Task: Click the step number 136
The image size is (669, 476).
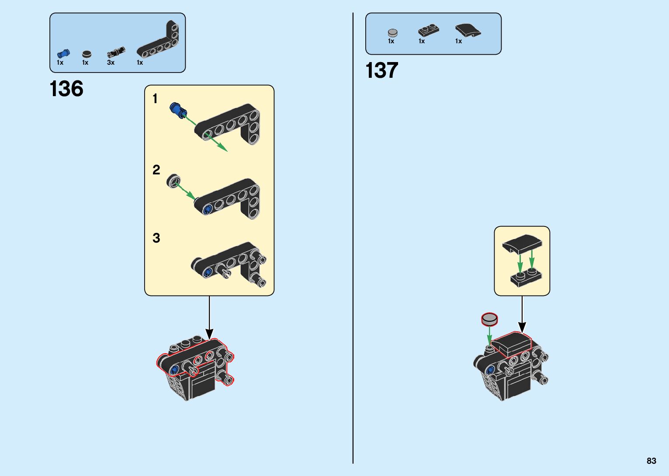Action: pos(66,89)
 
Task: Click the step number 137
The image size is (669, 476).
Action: pos(382,70)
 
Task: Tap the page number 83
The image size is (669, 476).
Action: pos(652,461)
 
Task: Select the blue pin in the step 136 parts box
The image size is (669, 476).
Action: pos(63,54)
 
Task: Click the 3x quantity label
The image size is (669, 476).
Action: pos(111,63)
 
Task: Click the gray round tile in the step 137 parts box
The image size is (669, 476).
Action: pos(392,32)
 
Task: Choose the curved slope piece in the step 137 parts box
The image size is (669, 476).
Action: pos(467,30)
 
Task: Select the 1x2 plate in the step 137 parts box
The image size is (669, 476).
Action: pos(428,30)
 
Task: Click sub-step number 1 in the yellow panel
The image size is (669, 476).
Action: pos(155,99)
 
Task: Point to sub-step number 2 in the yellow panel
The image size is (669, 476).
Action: pos(156,170)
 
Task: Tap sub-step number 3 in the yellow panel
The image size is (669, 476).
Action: pos(156,238)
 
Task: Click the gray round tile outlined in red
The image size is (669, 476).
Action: pos(489,319)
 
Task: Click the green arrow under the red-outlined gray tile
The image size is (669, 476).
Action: pos(489,336)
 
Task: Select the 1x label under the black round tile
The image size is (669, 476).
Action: pos(85,63)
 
